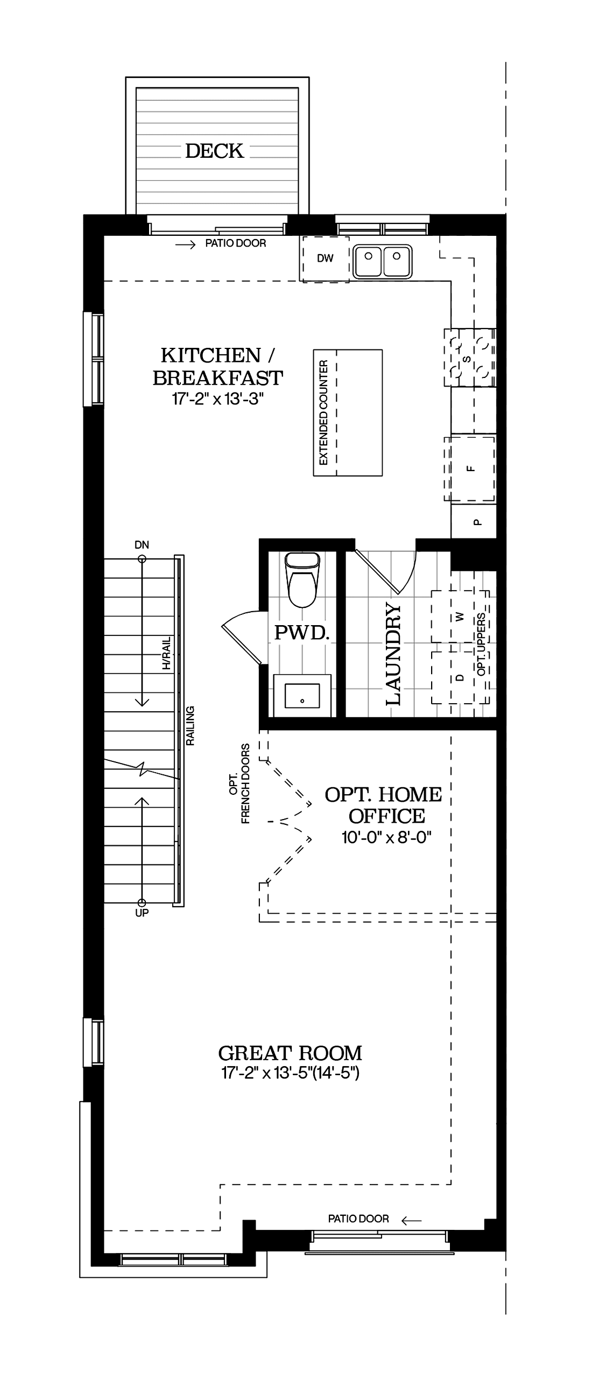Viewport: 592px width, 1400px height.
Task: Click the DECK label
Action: [215, 151]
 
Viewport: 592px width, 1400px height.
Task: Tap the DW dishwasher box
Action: [325, 258]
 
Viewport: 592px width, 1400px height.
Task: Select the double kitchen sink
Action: [382, 261]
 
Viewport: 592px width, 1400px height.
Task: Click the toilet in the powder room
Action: [302, 580]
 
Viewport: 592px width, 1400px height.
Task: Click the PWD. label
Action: [302, 632]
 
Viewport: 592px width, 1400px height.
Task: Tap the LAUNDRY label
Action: [393, 654]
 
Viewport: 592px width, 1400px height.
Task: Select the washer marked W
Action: [460, 617]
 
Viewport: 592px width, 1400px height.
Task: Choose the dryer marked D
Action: [460, 677]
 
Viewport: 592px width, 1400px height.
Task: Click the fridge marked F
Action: [470, 468]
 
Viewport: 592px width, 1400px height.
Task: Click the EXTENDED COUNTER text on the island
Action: [323, 412]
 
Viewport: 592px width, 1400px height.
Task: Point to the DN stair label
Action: [142, 545]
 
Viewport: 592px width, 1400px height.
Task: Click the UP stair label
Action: [142, 913]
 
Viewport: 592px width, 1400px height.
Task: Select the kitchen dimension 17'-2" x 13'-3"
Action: [218, 400]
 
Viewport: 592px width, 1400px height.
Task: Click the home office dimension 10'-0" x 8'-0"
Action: [386, 837]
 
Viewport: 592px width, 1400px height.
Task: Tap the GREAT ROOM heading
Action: [290, 1053]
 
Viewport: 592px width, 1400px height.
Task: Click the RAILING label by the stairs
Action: [190, 725]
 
